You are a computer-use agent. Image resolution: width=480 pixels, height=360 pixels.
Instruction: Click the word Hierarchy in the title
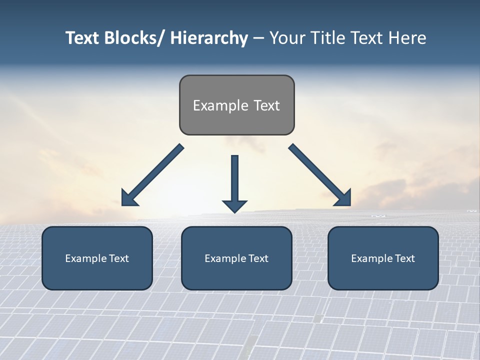[x=209, y=38]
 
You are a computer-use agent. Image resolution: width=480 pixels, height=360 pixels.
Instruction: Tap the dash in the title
[x=258, y=38]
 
